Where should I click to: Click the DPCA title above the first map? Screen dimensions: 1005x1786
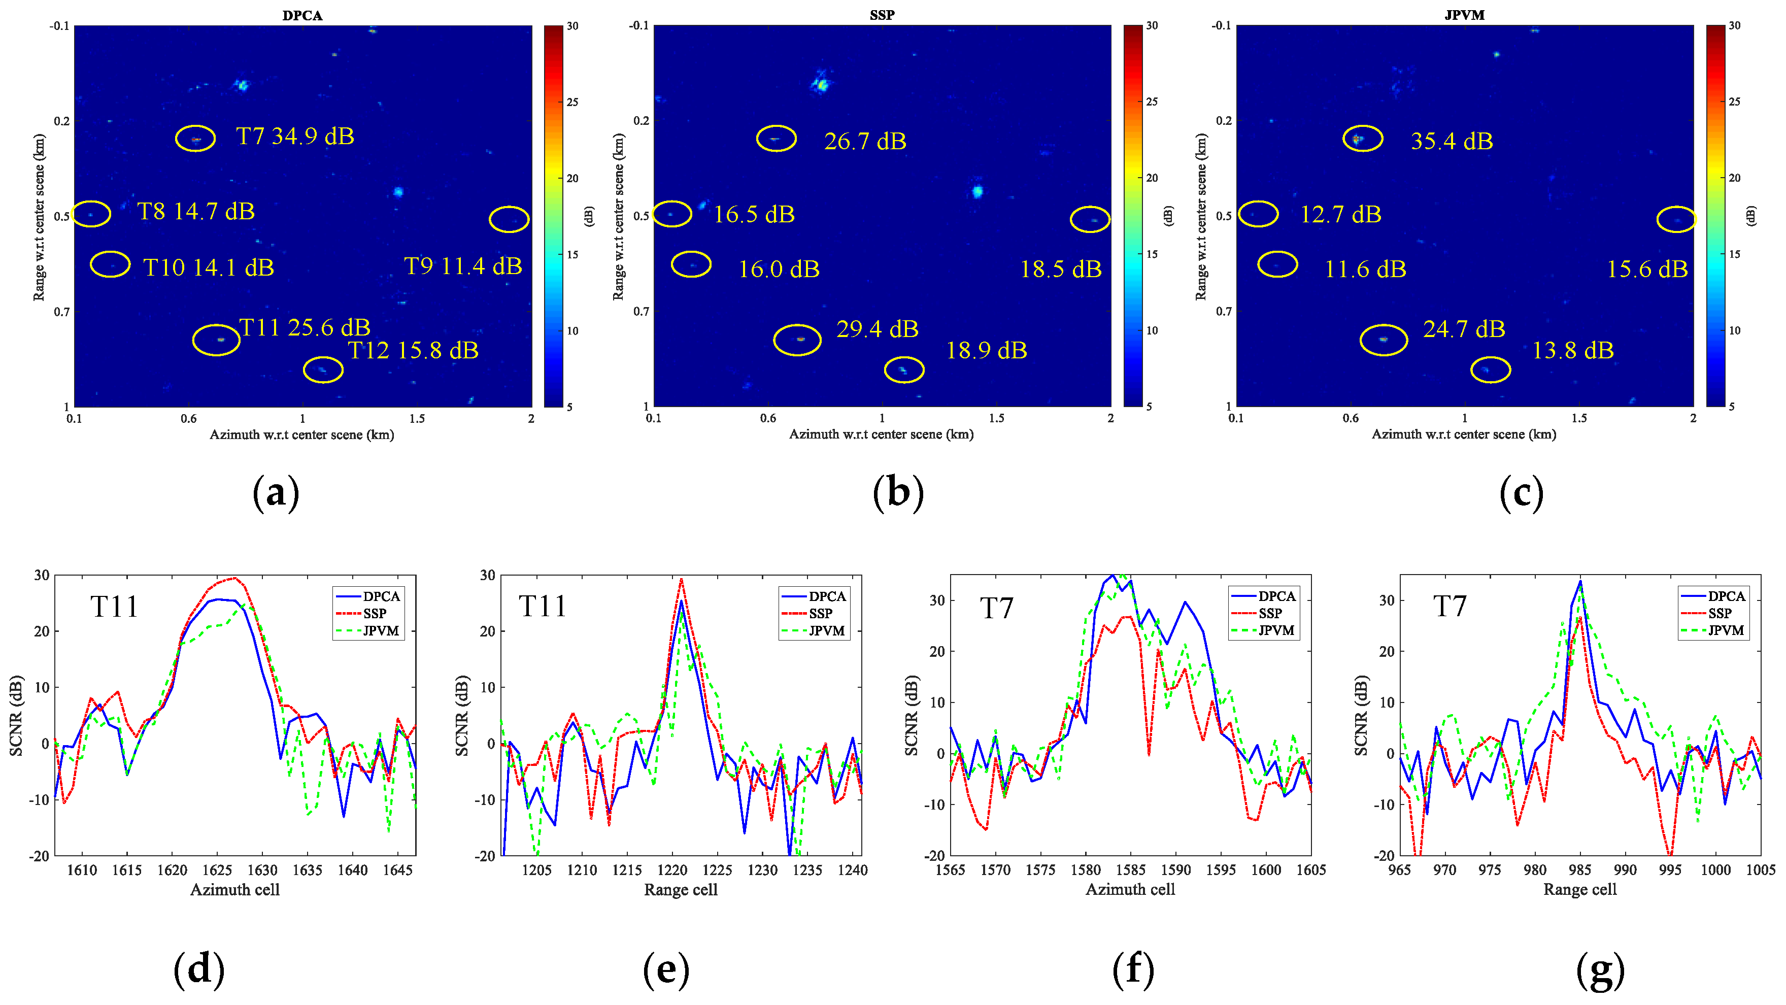pos(302,15)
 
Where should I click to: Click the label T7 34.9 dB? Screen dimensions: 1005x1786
pos(295,136)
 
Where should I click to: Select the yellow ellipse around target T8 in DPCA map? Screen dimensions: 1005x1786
pos(91,214)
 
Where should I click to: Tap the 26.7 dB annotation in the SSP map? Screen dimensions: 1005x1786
pos(864,142)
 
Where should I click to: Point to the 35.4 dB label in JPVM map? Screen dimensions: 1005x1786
pos(1452,142)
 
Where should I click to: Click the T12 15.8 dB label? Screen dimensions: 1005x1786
pos(413,350)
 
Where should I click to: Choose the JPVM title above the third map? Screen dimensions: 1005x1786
pos(1464,15)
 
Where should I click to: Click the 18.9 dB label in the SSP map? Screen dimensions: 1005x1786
pos(987,350)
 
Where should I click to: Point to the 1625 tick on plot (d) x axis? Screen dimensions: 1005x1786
pos(217,870)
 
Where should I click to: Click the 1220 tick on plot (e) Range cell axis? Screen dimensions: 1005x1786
pos(672,870)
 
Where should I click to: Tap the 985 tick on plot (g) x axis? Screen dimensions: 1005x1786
pos(1580,870)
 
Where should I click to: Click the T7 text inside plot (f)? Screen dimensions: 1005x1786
pos(997,608)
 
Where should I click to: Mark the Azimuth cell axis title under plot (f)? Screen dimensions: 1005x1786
pos(1130,890)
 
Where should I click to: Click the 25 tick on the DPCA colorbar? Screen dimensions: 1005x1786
pos(572,102)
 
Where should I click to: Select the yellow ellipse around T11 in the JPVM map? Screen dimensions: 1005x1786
pos(1384,340)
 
